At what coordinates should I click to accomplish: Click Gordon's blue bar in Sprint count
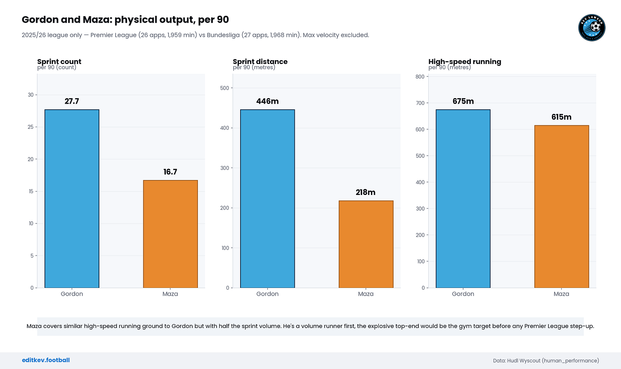(x=72, y=198)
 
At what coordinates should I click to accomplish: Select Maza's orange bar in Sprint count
(x=171, y=234)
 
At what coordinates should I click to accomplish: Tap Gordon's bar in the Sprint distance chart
(x=267, y=198)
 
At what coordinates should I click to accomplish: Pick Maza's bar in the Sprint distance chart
(x=366, y=244)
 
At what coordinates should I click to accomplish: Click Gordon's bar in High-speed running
(x=463, y=198)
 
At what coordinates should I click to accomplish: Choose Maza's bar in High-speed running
(x=562, y=206)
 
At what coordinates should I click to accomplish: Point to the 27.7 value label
(x=72, y=101)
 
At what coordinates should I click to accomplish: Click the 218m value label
(x=366, y=192)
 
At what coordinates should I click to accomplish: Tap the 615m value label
(x=561, y=117)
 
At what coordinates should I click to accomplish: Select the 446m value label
(x=267, y=101)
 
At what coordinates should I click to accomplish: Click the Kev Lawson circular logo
(x=592, y=28)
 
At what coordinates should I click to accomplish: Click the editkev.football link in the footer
(x=46, y=360)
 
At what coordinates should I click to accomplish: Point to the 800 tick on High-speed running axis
(x=420, y=76)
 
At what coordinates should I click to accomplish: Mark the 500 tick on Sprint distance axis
(x=224, y=88)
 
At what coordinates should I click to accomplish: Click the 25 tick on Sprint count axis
(x=31, y=127)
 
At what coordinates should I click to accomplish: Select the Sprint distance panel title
(x=260, y=61)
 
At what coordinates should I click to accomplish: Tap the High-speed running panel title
(x=464, y=61)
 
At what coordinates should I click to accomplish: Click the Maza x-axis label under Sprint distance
(x=366, y=294)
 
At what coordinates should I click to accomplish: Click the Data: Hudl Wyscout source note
(x=546, y=361)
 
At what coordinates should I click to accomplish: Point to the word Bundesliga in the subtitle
(x=223, y=35)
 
